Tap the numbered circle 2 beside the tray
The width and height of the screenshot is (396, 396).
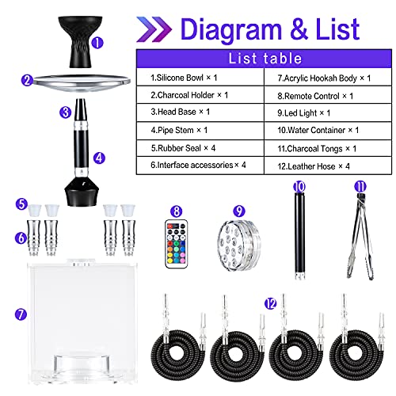(x=27, y=80)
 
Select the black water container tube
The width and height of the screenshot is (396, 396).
(x=300, y=237)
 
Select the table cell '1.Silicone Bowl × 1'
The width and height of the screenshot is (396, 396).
(x=200, y=78)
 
